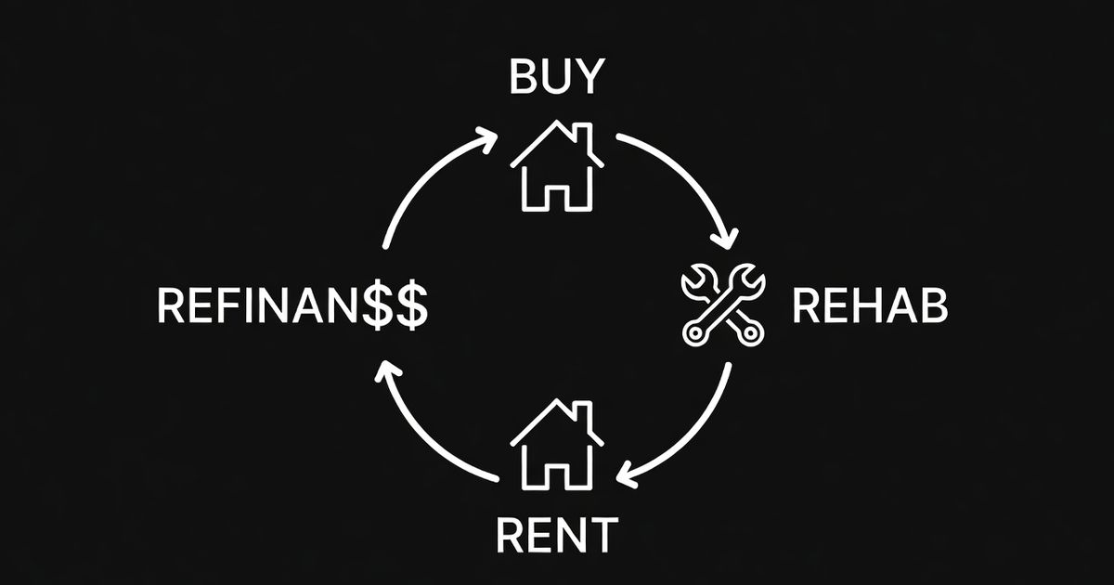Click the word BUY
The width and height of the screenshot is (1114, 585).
(x=556, y=78)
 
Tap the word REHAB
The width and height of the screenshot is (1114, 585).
(x=870, y=305)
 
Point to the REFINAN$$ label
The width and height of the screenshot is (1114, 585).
(x=292, y=305)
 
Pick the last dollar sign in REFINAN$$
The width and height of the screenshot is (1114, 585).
(x=411, y=305)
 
